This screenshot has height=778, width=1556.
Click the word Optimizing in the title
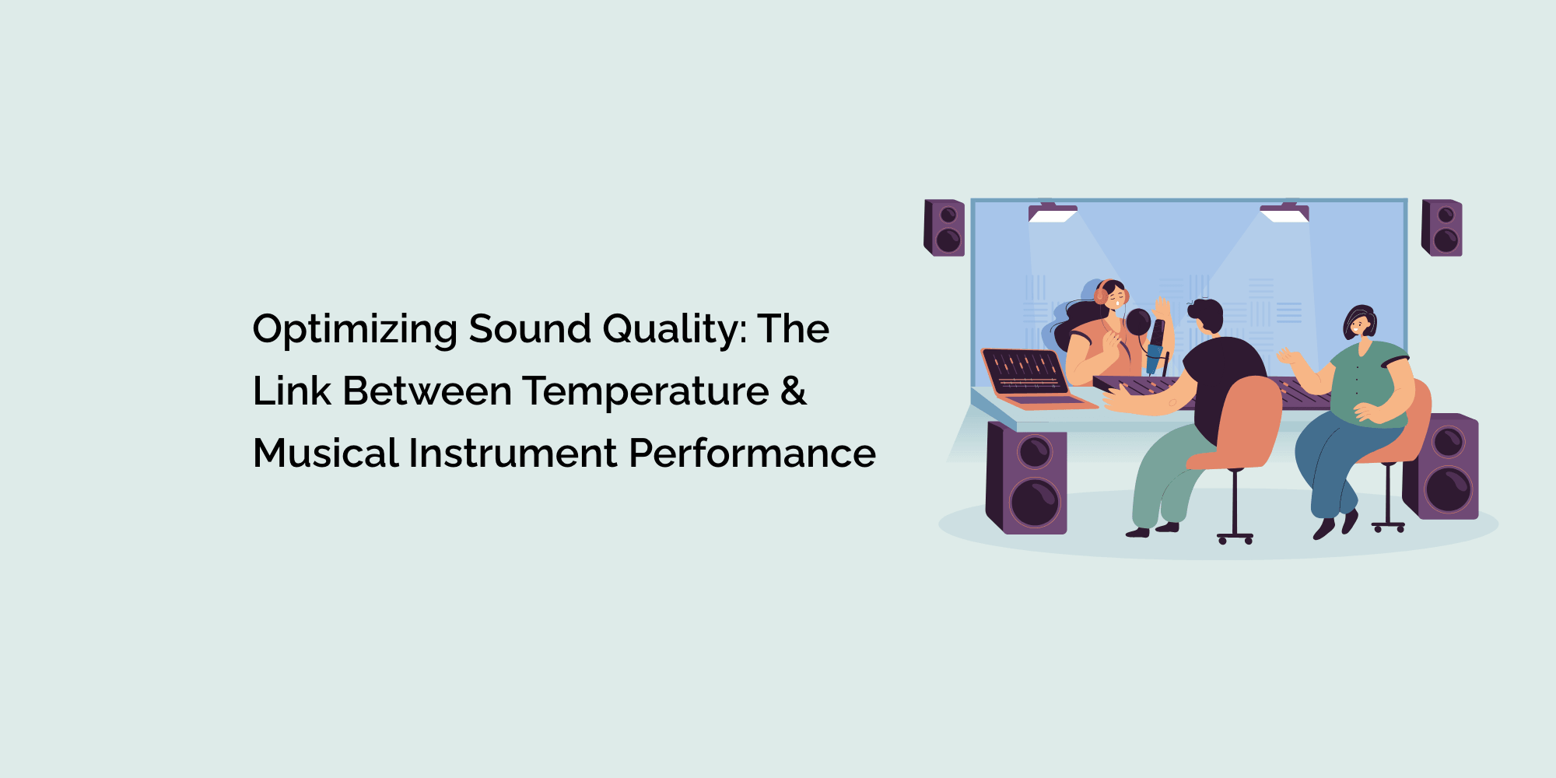coord(355,330)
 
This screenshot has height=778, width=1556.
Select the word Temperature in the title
coord(645,391)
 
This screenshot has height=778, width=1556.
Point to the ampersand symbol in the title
coord(793,391)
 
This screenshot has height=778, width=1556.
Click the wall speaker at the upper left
coord(944,227)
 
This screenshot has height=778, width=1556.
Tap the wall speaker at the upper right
coord(1442,227)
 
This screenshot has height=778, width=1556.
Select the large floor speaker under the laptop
coord(1027,478)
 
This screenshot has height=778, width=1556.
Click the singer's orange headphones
coord(1102,293)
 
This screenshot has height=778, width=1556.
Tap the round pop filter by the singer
coord(1138,321)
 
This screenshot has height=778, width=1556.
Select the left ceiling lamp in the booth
coord(1053,213)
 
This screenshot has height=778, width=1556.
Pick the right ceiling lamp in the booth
coord(1284,213)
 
